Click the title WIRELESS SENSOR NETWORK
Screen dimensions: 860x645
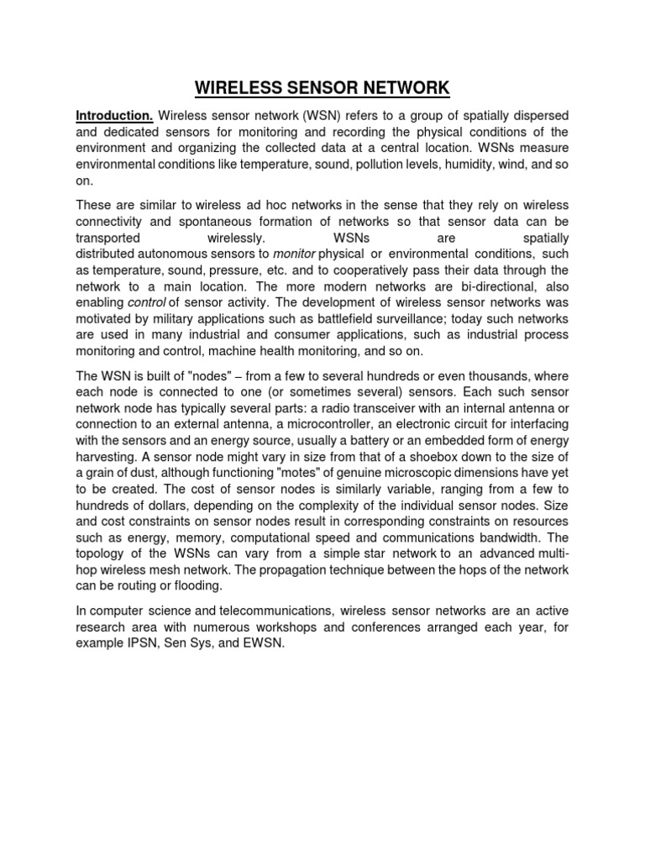coord(322,87)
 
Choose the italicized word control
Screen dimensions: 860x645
coord(147,302)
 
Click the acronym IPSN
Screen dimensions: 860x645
coord(144,643)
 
